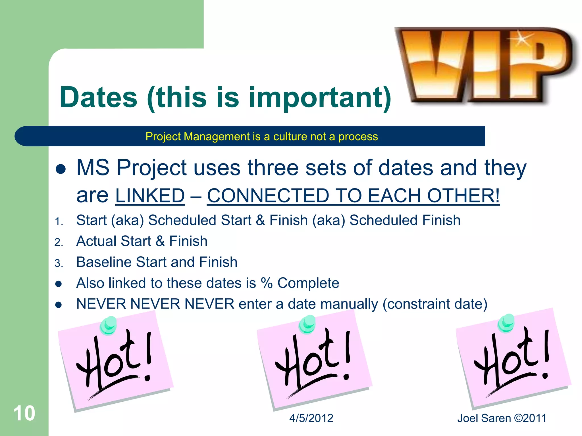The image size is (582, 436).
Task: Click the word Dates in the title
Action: (98, 97)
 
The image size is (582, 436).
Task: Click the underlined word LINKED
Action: (150, 196)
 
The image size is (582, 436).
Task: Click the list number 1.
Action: (58, 221)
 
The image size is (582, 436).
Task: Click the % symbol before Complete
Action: (267, 283)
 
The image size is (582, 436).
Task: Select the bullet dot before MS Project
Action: (61, 169)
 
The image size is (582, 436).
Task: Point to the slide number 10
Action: (24, 413)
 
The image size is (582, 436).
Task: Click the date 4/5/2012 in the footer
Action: (311, 418)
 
